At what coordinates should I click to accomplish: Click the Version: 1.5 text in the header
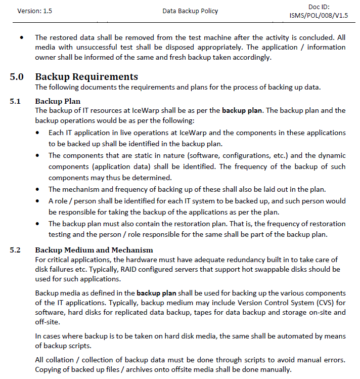tap(34, 11)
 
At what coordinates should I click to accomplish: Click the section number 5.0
tap(17, 77)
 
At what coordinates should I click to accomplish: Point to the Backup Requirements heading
tap(86, 77)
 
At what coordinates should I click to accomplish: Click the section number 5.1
tap(15, 101)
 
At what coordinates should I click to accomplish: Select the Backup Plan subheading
tap(58, 101)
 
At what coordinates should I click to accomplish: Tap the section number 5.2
tap(15, 250)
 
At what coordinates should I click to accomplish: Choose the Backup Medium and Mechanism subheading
tap(94, 250)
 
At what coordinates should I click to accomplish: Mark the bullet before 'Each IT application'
tap(39, 133)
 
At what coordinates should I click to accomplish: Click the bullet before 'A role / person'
tap(39, 201)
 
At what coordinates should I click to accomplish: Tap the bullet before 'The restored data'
tap(21, 38)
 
